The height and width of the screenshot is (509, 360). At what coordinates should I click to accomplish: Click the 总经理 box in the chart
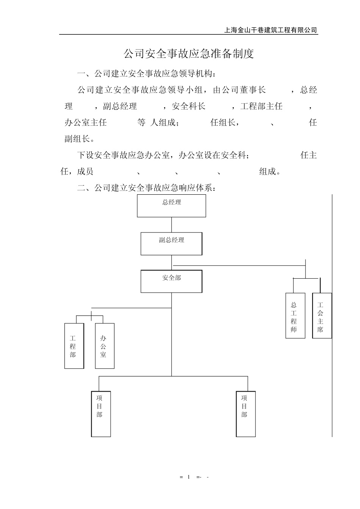click(171, 206)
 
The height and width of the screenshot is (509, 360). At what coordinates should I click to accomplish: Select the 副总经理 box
click(171, 244)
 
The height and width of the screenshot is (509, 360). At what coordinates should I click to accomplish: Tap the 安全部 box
click(171, 281)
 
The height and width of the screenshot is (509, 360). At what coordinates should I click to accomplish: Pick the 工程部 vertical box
click(74, 346)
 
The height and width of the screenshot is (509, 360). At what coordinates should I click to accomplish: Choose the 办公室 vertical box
click(105, 346)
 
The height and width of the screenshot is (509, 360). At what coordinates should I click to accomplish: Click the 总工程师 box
click(295, 315)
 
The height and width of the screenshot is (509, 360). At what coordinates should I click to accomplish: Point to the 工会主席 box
click(322, 315)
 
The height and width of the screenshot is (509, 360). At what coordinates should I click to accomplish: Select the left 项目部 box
click(101, 414)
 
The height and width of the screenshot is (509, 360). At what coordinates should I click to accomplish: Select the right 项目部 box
click(246, 414)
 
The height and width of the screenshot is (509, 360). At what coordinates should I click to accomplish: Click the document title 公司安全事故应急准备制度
click(188, 54)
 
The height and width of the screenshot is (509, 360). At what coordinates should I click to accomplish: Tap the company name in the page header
click(271, 30)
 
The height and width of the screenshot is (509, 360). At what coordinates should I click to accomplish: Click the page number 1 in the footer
click(188, 477)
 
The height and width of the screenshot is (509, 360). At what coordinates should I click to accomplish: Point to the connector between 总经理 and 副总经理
click(171, 225)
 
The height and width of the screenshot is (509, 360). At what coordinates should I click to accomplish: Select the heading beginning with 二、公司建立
click(146, 187)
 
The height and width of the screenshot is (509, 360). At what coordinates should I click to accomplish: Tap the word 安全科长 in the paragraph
click(188, 106)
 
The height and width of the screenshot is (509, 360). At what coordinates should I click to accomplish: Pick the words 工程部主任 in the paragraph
click(261, 106)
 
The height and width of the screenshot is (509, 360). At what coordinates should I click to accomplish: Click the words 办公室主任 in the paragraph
click(86, 123)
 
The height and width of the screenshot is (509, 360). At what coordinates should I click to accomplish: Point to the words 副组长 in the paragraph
click(77, 139)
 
